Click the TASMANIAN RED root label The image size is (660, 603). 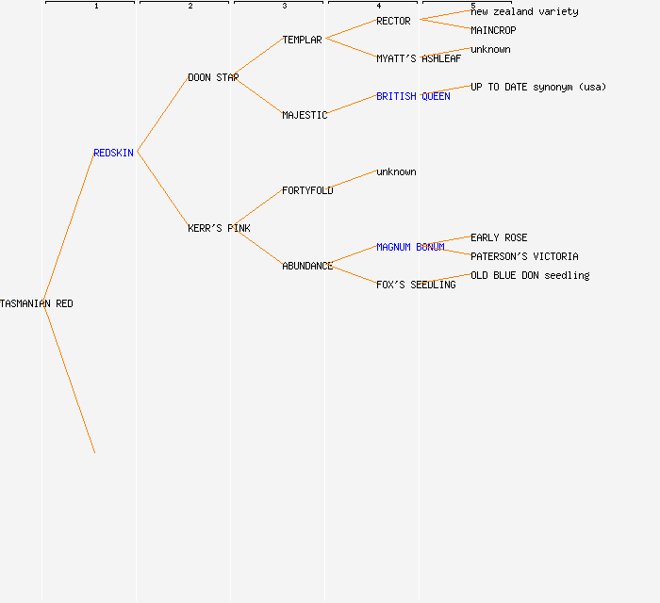point(37,303)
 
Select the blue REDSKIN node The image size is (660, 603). point(113,153)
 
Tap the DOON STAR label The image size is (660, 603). point(213,77)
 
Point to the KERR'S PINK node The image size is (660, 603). point(219,228)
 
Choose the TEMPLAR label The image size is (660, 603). point(302,40)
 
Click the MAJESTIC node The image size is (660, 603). point(305,115)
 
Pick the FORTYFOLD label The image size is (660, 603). point(307,190)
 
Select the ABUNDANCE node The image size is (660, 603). point(307,266)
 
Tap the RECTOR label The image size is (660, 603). point(393,21)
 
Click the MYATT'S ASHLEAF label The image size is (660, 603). point(419,58)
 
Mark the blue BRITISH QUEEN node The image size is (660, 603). point(413,96)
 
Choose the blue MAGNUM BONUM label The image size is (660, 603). point(410,247)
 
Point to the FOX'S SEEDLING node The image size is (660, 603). point(416,285)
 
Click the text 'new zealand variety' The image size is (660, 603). point(524,11)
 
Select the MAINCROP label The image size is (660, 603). point(493,30)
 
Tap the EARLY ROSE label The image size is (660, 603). point(499,237)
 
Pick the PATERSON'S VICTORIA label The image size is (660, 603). point(524,256)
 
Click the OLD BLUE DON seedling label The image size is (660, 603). point(530,275)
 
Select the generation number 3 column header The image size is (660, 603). point(284,6)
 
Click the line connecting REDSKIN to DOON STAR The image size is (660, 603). point(162,115)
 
